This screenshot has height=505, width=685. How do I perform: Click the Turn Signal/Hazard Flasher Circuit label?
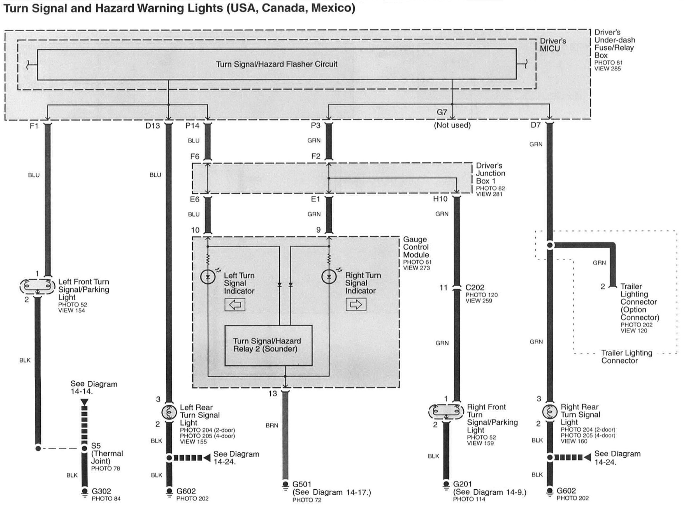(276, 64)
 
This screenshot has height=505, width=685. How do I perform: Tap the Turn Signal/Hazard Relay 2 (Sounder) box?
(268, 345)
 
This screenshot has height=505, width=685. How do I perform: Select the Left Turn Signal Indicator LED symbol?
(208, 277)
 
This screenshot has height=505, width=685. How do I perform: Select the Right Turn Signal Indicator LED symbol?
(329, 277)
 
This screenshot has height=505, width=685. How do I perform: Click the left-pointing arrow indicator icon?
(235, 305)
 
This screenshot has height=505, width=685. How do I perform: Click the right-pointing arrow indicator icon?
(356, 305)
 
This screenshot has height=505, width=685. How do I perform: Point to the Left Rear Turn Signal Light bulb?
(169, 413)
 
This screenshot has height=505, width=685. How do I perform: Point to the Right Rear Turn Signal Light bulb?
(549, 412)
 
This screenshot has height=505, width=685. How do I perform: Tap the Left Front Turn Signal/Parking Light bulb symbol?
(37, 287)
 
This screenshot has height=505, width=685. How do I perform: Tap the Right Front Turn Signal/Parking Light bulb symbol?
(446, 412)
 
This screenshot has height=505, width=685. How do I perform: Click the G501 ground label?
(302, 484)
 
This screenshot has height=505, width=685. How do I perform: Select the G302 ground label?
(101, 491)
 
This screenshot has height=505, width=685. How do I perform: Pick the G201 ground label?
(462, 484)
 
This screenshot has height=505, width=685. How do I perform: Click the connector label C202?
(475, 288)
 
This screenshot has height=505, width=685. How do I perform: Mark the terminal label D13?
(153, 126)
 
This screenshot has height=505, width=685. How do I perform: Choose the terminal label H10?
(440, 199)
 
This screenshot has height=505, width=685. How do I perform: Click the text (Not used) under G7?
(452, 125)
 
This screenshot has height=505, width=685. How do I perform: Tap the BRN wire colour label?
(272, 425)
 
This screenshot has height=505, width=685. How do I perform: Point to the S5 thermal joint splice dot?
(84, 448)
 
